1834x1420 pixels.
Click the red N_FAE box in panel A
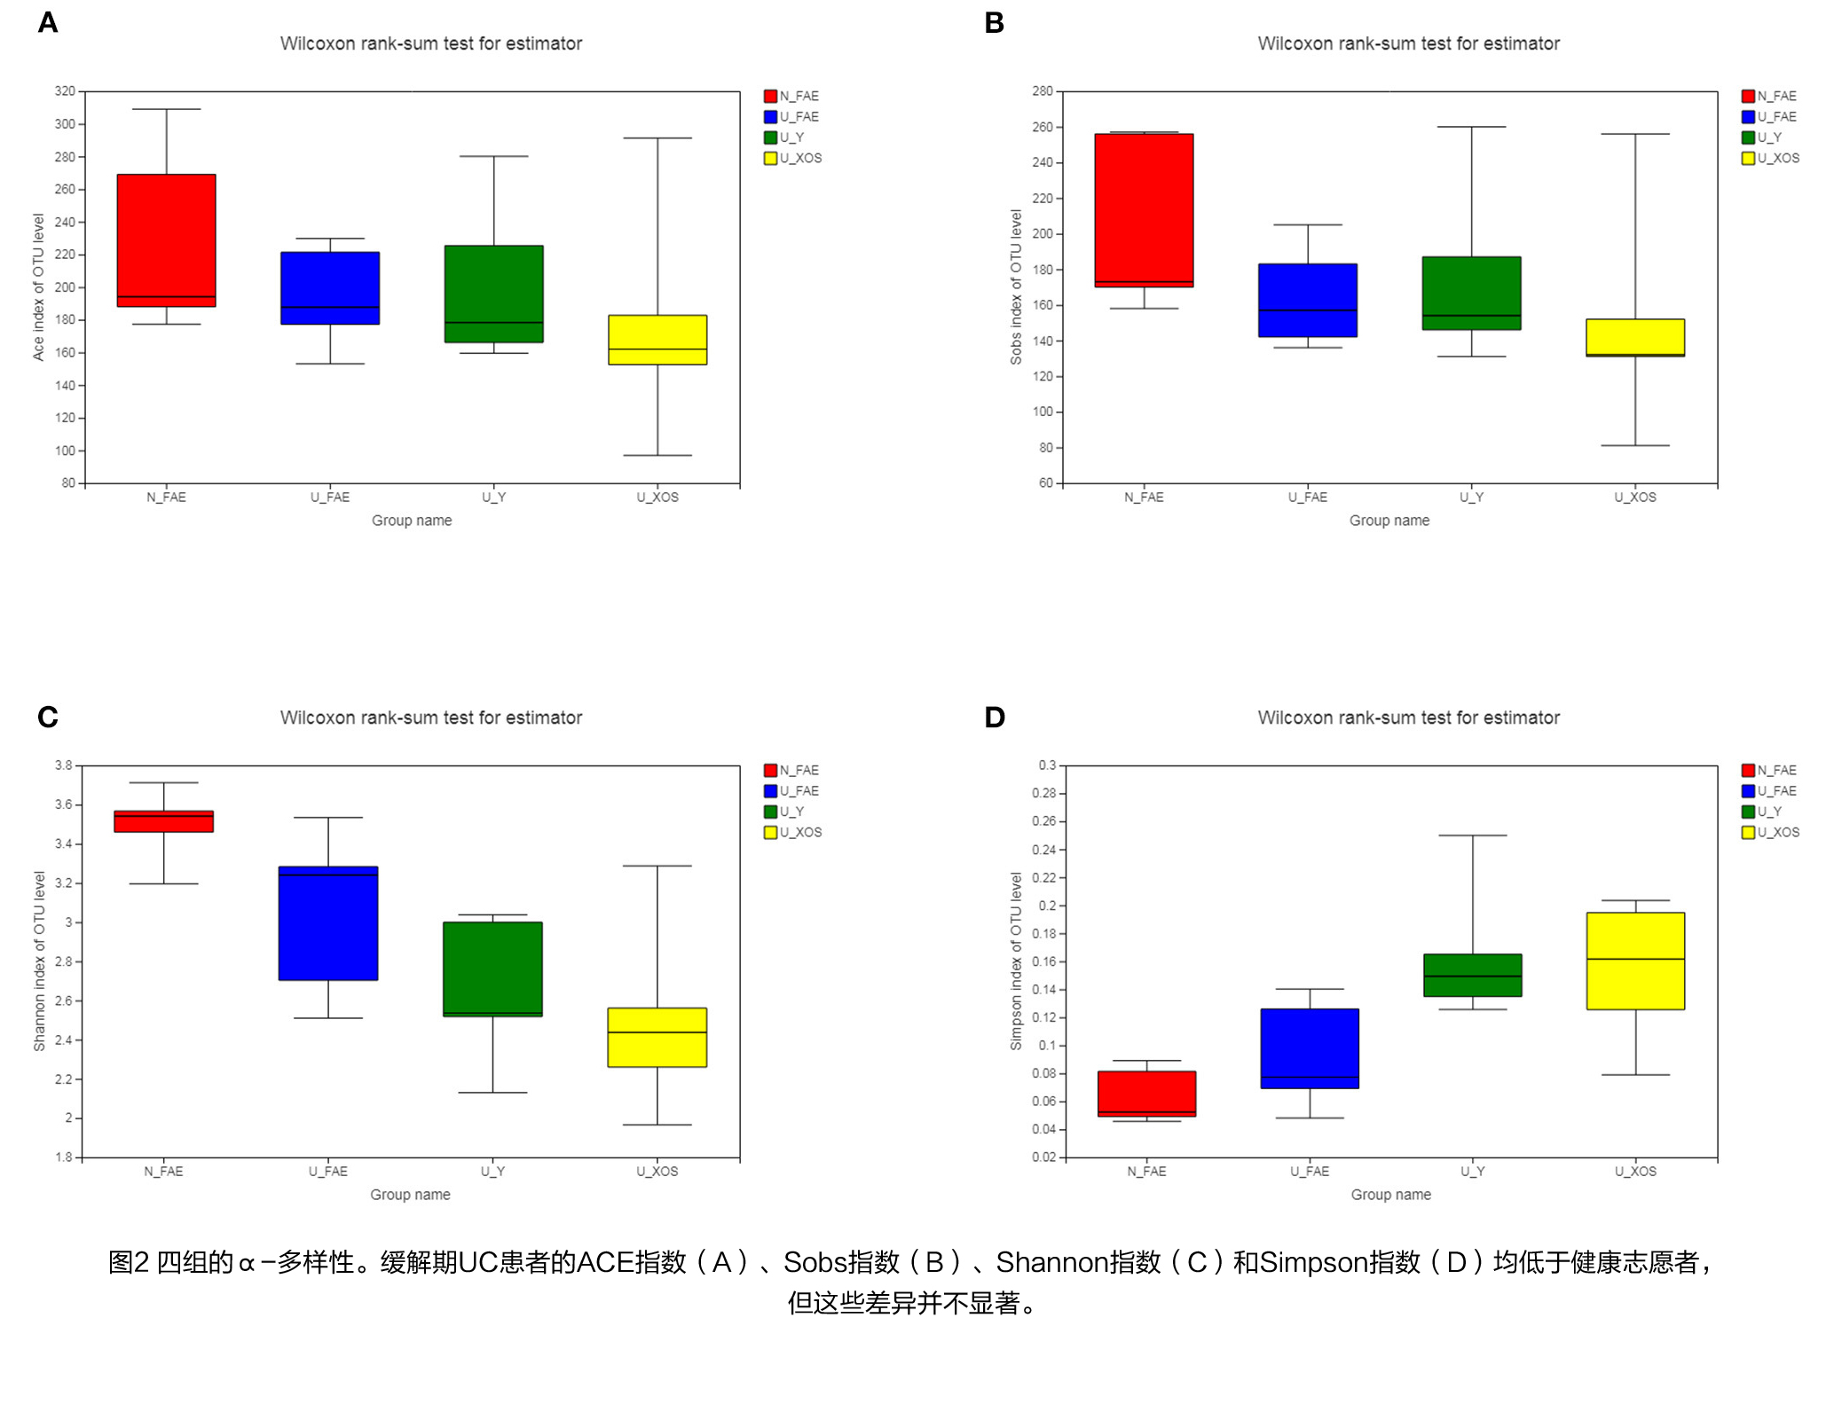pos(166,239)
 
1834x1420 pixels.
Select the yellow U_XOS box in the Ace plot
pos(657,340)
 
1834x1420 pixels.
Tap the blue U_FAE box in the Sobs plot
pos(1307,300)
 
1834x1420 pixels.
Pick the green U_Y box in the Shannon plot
pos(492,969)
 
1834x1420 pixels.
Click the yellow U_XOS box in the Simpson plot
pos(1635,961)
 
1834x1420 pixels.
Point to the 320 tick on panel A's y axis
pos(66,91)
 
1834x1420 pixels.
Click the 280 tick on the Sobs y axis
pos(1043,91)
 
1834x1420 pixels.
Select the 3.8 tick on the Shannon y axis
pos(64,765)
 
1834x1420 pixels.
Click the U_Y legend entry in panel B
pos(1768,137)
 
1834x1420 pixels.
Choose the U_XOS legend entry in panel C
pos(800,832)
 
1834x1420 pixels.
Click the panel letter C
pos(48,717)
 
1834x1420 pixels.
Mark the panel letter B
pos(994,23)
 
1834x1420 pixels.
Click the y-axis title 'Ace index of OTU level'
pos(38,286)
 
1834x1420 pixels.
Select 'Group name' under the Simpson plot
pos(1390,1195)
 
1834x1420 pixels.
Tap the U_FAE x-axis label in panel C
pos(328,1171)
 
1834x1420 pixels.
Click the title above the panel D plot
pos(1408,718)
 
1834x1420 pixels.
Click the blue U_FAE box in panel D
pos(1310,1048)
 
